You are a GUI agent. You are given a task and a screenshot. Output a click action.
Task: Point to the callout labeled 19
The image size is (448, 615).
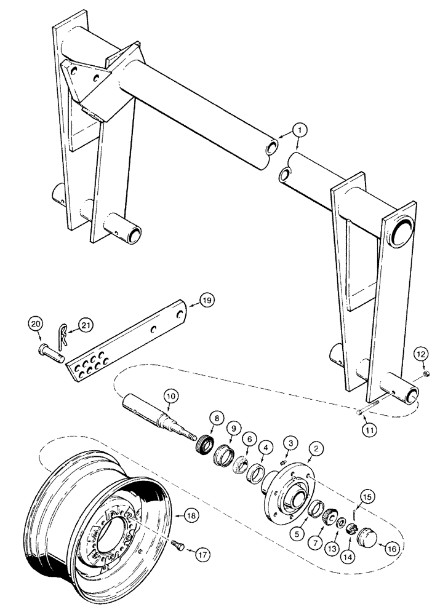click(207, 301)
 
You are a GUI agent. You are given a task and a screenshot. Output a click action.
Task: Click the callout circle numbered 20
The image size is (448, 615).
click(34, 324)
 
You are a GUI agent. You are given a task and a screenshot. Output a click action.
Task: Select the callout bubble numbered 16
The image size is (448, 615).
click(390, 546)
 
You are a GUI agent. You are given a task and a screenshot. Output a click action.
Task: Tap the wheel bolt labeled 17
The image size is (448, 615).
click(179, 545)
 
